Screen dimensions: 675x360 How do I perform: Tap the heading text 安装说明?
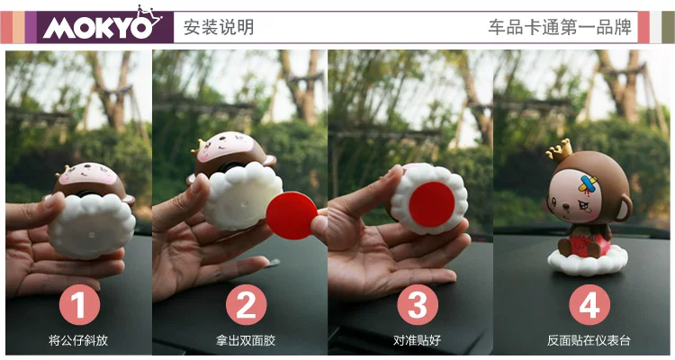pos(219,27)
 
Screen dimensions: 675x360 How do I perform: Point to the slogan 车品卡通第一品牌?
pos(560,27)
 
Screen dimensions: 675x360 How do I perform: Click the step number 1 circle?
pos(79,304)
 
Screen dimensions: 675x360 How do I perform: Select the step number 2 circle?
pos(247,304)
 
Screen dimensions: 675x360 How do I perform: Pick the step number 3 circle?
pos(418,304)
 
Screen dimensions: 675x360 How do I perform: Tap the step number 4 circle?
pos(589,304)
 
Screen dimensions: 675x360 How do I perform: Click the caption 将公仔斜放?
pos(78,340)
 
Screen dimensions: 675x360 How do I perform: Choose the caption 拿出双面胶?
pos(246,340)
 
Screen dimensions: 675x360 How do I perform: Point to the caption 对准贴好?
pos(417,340)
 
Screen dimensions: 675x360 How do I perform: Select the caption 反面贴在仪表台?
pos(589,340)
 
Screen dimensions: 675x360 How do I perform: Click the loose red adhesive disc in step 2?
pos(292,215)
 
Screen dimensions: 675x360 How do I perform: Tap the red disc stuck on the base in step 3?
pos(432,204)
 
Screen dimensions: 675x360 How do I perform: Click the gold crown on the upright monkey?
pos(560,150)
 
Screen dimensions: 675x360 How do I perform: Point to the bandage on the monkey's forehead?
pos(589,184)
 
